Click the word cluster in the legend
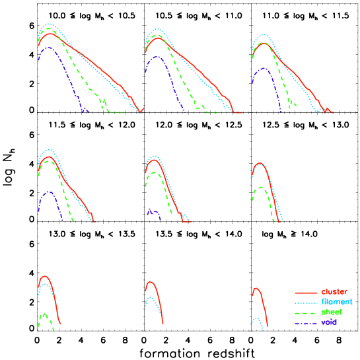(334, 292)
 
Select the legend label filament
(335, 302)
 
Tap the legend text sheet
(332, 312)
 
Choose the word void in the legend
(329, 322)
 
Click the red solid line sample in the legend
(306, 293)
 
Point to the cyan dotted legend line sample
(306, 303)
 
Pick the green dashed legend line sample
(306, 312)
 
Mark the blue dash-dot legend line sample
(306, 323)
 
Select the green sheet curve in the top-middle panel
(184, 79)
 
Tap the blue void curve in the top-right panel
(264, 68)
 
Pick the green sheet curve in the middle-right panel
(262, 188)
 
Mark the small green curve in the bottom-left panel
(44, 315)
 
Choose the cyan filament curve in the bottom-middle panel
(151, 299)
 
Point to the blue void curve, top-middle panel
(159, 57)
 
